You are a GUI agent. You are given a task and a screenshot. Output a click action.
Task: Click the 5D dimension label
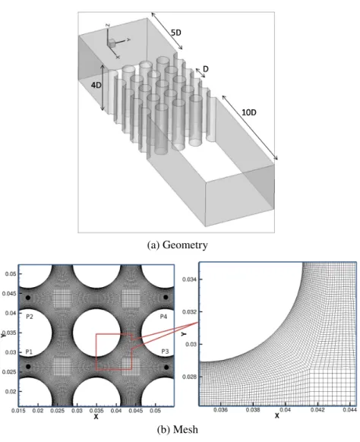(176, 33)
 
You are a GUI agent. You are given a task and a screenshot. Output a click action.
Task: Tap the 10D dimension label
(249, 112)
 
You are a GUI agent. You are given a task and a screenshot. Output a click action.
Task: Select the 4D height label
(96, 85)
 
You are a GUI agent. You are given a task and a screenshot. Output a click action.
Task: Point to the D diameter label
(206, 69)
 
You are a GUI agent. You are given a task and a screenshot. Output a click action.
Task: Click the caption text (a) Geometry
(177, 245)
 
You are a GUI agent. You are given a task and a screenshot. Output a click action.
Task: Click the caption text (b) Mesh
(177, 430)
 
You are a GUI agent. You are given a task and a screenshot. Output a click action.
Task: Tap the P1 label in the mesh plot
(29, 352)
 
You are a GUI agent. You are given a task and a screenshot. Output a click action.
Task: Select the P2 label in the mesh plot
(30, 317)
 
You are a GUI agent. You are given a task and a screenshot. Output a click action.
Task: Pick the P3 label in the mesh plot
(165, 352)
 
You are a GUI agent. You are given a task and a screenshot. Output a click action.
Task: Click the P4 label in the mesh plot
(163, 317)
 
